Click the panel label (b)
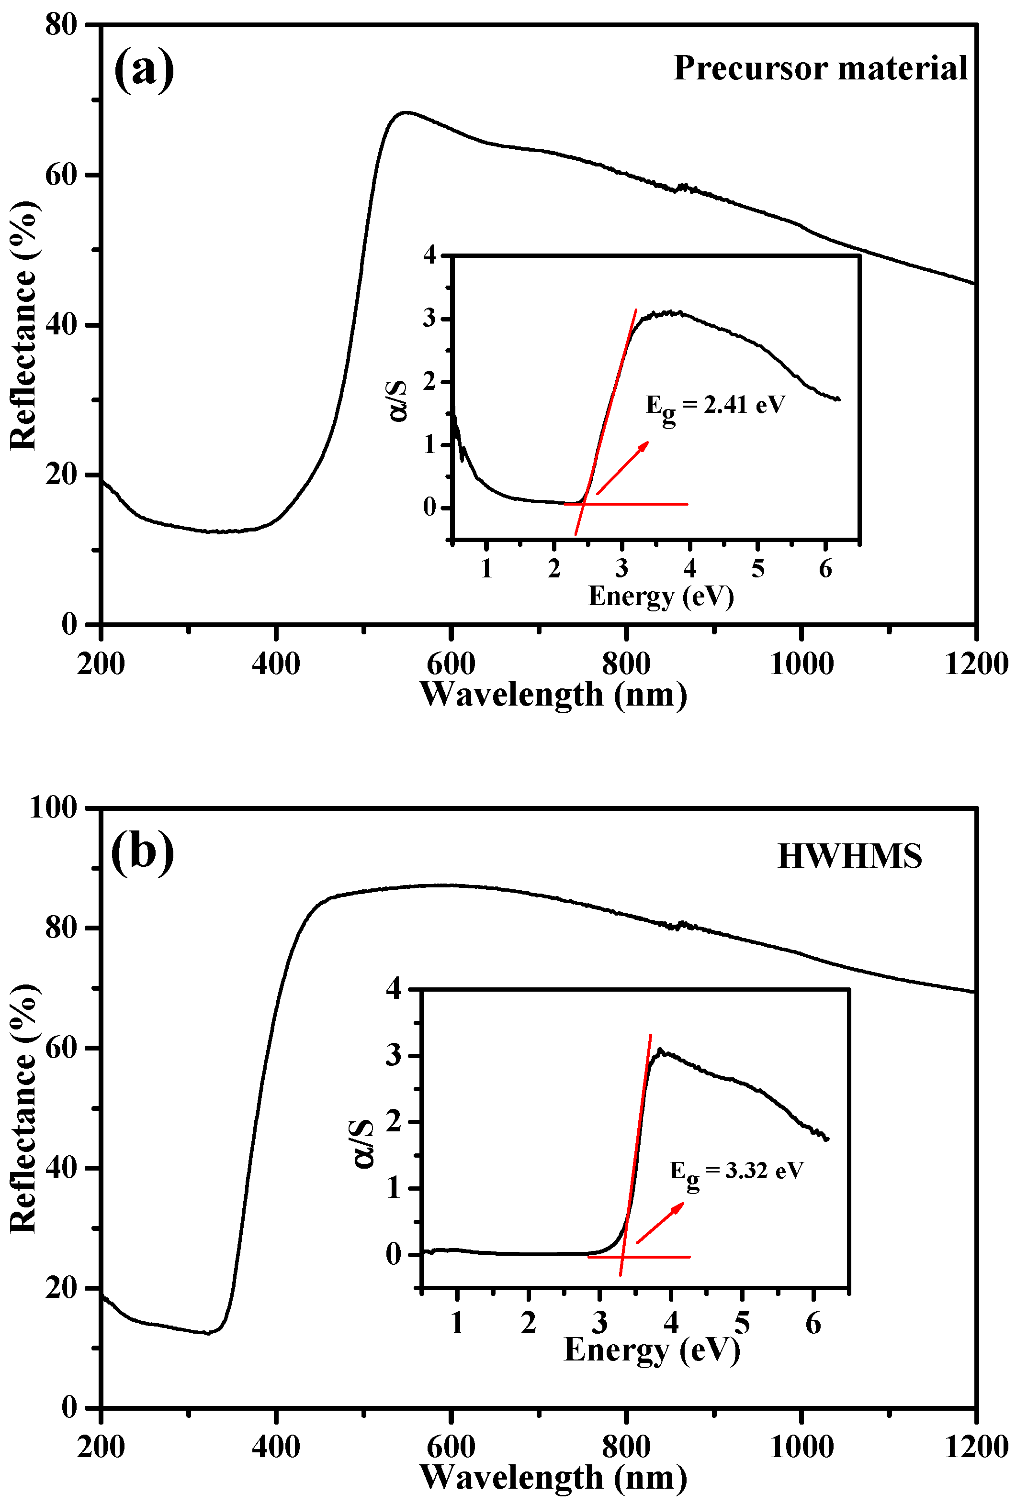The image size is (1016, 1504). pyautogui.click(x=143, y=852)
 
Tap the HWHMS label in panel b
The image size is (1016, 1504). pyautogui.click(x=849, y=856)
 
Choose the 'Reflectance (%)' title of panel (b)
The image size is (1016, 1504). pyautogui.click(x=23, y=1108)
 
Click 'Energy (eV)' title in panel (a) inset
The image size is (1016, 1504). pyautogui.click(x=661, y=596)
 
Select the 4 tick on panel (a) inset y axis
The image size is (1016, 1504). pyautogui.click(x=430, y=255)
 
